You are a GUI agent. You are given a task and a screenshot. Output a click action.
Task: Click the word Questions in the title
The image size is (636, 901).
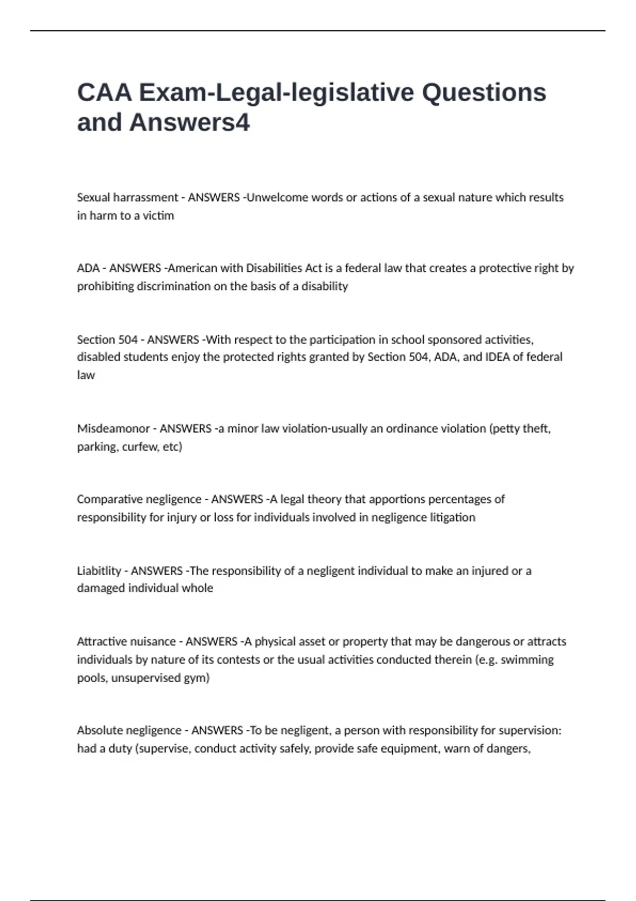click(x=484, y=93)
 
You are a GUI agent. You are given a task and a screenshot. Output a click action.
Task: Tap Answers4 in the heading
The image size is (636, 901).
click(x=189, y=122)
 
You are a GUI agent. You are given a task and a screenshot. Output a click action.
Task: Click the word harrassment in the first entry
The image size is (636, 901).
click(x=146, y=198)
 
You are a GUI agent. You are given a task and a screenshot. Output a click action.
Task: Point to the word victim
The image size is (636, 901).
click(x=158, y=216)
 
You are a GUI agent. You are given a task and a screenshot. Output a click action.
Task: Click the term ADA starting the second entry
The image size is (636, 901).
click(x=88, y=268)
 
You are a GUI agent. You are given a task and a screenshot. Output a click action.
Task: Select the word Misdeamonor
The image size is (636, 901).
click(x=113, y=428)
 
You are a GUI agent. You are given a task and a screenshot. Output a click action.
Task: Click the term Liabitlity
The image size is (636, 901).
click(x=99, y=571)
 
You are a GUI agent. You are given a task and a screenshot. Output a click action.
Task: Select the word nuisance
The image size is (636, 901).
click(x=151, y=642)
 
